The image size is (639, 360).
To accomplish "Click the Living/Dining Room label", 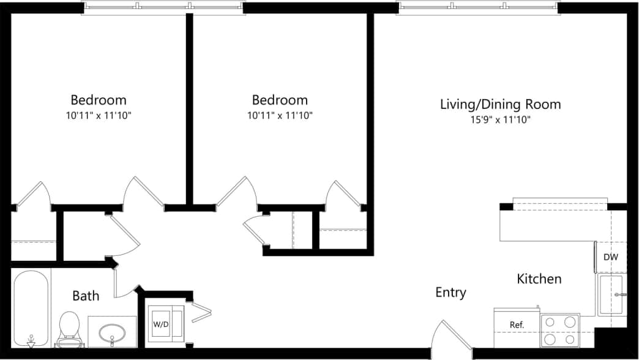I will (x=500, y=104).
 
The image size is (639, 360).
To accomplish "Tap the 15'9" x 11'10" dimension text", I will (x=500, y=120).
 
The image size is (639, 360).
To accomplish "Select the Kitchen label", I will (x=539, y=279).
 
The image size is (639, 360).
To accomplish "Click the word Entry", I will (x=450, y=293).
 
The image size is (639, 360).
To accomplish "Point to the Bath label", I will (x=86, y=296).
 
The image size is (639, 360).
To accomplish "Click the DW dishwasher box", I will (x=611, y=258).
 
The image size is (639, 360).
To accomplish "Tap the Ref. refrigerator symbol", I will (x=517, y=324).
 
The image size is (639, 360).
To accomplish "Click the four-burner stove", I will (x=560, y=330).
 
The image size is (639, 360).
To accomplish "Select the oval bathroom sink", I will (x=112, y=332).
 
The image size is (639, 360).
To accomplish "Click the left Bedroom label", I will (x=99, y=100).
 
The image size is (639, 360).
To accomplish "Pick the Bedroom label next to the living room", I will (x=280, y=100).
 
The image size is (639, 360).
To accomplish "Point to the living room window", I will (x=478, y=8).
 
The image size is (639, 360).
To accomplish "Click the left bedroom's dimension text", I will (x=99, y=115).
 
